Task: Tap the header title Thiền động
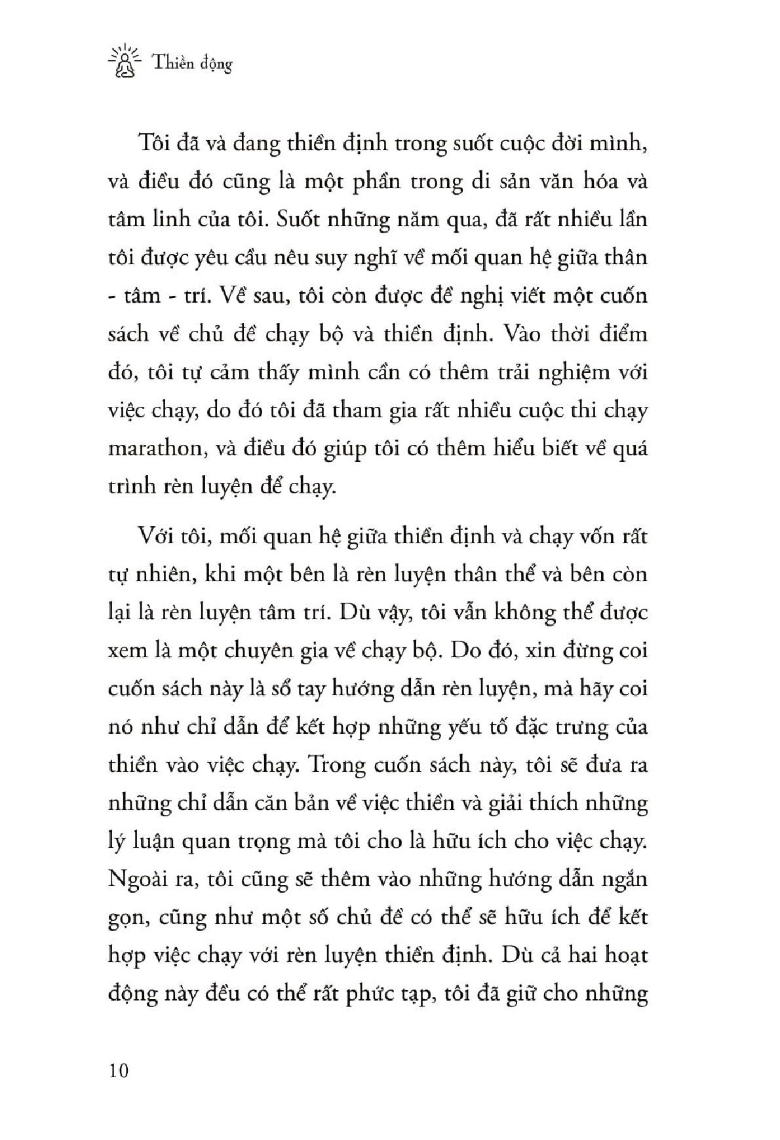[192, 64]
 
